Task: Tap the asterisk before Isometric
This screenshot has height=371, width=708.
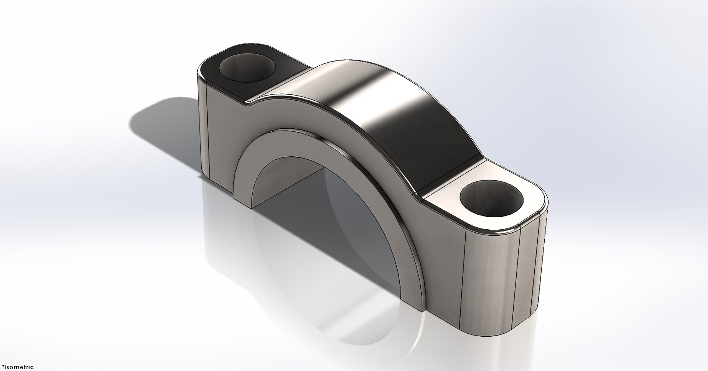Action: (2, 366)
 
